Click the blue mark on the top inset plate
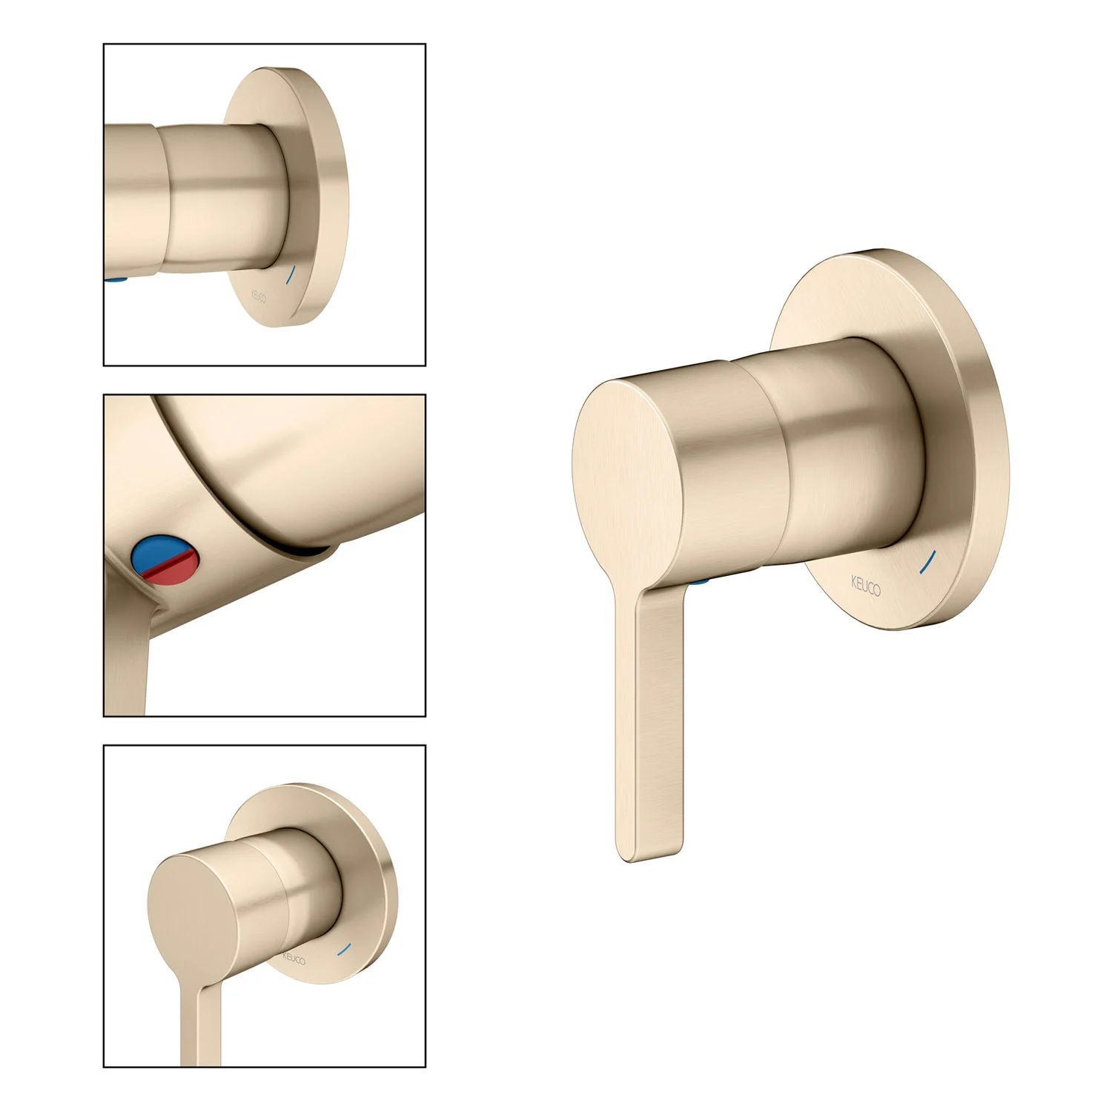tap(291, 276)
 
